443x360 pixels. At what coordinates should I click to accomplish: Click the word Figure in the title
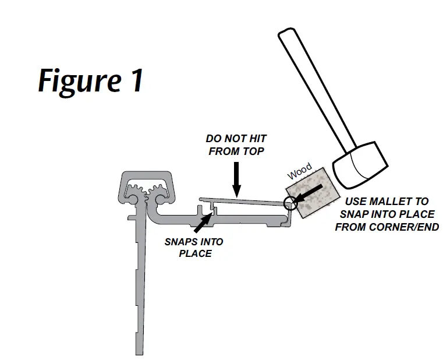[x=74, y=80]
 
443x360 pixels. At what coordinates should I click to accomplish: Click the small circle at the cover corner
[x=290, y=203]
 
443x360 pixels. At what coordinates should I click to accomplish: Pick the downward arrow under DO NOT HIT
[x=236, y=178]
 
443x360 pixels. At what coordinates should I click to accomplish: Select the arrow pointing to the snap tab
[x=203, y=221]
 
